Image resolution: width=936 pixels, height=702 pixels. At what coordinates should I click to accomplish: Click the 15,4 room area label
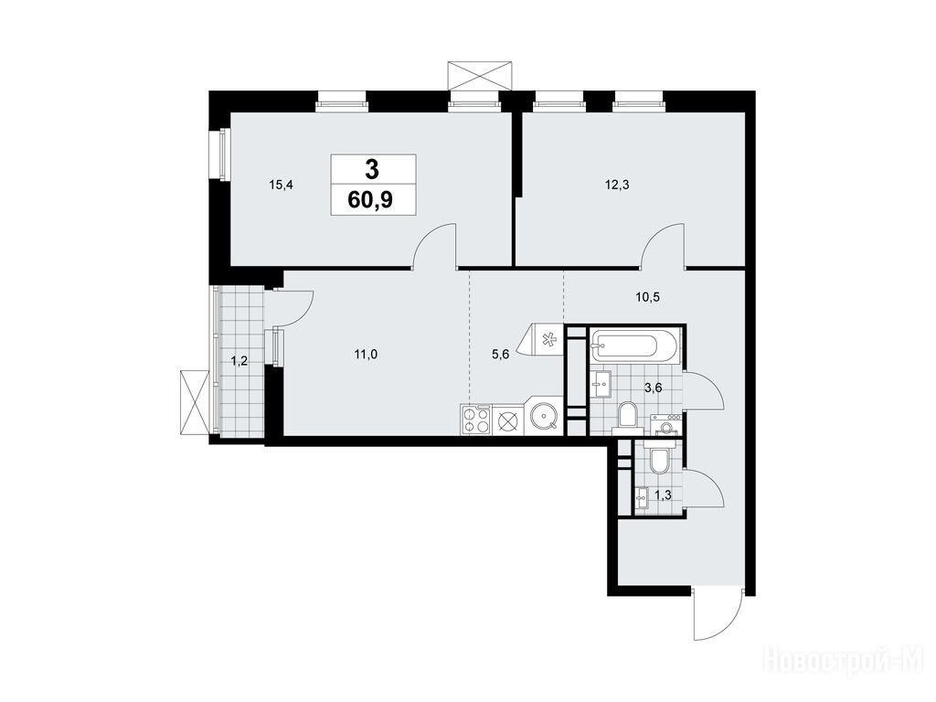pyautogui.click(x=281, y=185)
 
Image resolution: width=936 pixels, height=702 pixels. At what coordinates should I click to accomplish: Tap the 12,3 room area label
pyautogui.click(x=617, y=185)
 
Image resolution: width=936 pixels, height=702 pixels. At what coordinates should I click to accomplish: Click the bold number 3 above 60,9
pyautogui.click(x=371, y=170)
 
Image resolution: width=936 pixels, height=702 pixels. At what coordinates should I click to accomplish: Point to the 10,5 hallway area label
pyautogui.click(x=647, y=297)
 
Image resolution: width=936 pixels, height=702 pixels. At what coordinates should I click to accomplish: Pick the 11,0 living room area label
pyautogui.click(x=366, y=355)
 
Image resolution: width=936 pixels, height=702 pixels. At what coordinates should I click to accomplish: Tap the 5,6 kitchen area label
pyautogui.click(x=501, y=355)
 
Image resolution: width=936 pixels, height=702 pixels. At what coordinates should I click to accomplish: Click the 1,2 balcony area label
pyautogui.click(x=239, y=361)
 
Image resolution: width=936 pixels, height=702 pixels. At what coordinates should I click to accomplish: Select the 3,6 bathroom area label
pyautogui.click(x=653, y=388)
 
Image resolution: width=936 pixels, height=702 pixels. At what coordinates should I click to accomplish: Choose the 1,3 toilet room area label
pyautogui.click(x=663, y=495)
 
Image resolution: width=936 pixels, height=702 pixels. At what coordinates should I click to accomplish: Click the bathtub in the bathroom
pyautogui.click(x=634, y=346)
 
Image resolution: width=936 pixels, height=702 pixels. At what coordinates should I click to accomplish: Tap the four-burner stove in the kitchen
pyautogui.click(x=475, y=420)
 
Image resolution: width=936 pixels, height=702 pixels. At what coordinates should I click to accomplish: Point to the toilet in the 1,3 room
pyautogui.click(x=659, y=459)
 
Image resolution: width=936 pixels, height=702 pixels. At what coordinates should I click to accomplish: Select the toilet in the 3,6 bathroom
pyautogui.click(x=627, y=416)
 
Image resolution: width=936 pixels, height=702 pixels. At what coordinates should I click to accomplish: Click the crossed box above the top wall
pyautogui.click(x=481, y=75)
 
